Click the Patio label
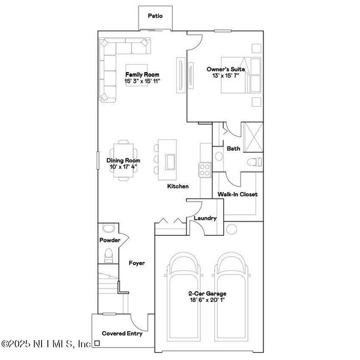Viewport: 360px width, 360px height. click(156, 17)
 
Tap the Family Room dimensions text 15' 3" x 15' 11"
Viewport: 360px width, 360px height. click(142, 81)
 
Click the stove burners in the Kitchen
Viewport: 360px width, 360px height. click(205, 170)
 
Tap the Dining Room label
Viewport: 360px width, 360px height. click(123, 160)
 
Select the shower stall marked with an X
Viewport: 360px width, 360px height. click(251, 137)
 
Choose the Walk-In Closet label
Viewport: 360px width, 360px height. click(238, 194)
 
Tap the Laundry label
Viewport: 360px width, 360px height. click(205, 218)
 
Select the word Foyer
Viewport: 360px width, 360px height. click(137, 263)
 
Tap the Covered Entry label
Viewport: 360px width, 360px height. click(122, 333)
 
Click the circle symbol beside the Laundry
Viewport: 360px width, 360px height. click(233, 229)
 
